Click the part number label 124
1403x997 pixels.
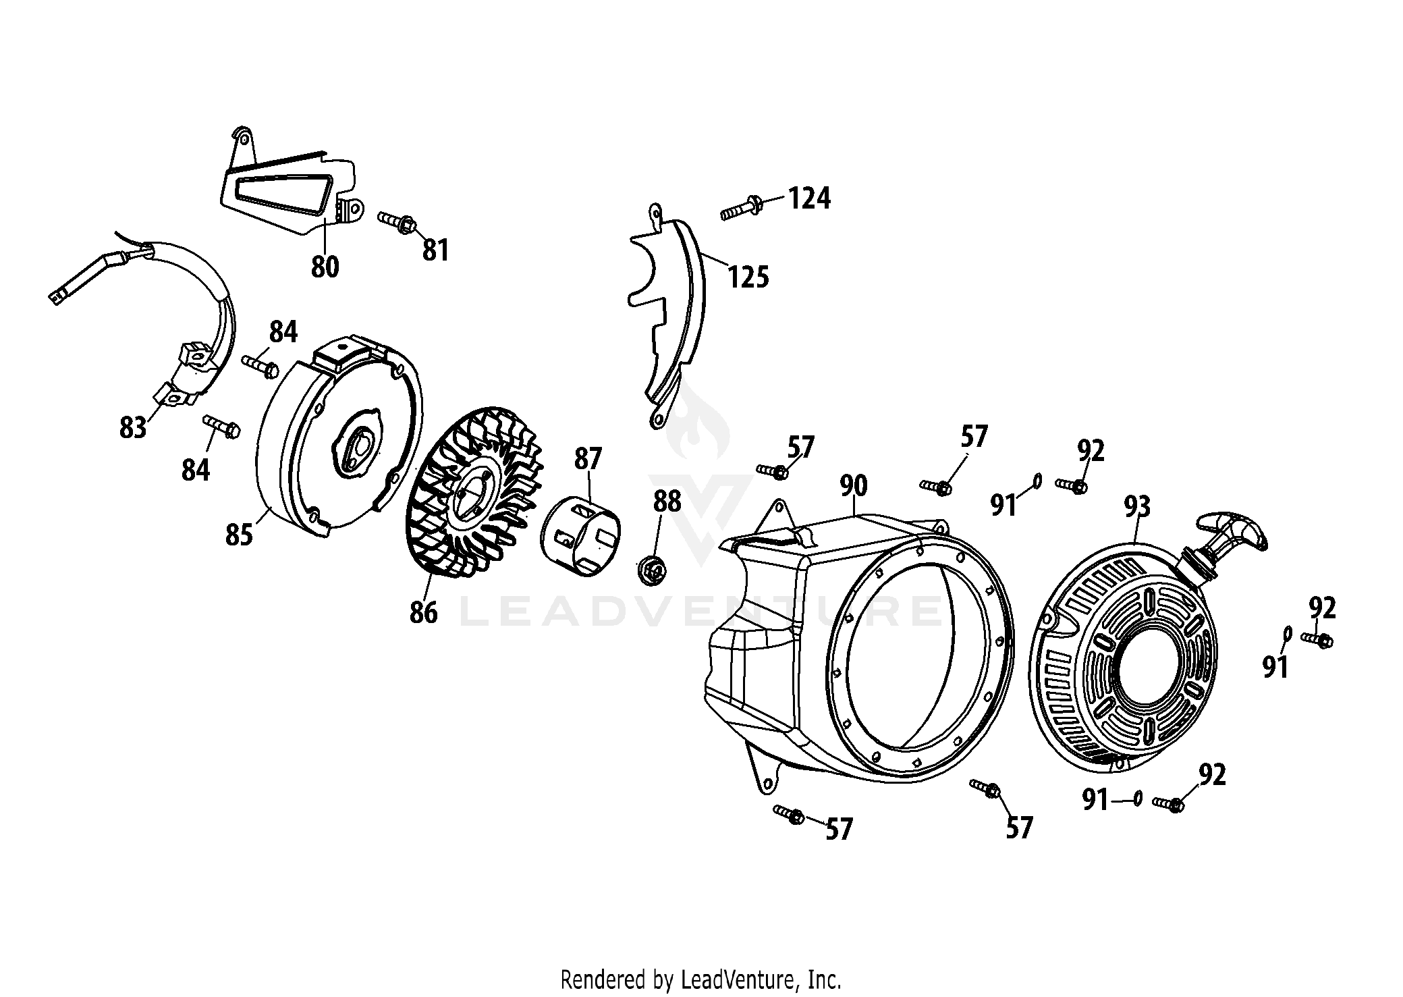pos(810,198)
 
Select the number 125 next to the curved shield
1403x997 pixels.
pos(748,277)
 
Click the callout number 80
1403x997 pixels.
pos(325,267)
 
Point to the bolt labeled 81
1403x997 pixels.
pos(397,222)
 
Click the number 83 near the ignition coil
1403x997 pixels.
pos(132,427)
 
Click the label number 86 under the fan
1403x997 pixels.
pos(423,612)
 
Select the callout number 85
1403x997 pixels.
pos(239,535)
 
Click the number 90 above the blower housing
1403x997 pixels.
pos(854,486)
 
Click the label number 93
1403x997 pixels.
pos(1137,507)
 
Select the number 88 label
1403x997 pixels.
pos(667,502)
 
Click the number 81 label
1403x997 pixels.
pos(435,251)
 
